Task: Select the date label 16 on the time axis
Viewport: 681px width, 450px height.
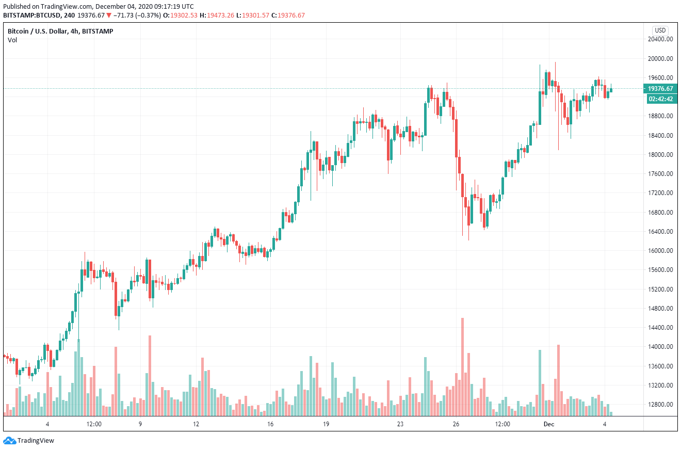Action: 270,424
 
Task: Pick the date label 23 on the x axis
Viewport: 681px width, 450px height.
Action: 400,424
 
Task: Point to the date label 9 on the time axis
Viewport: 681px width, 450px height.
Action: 140,424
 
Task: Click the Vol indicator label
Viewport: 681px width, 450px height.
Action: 12,40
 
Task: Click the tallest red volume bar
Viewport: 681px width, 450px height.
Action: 462,366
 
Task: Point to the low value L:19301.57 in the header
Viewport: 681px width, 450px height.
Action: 260,15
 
